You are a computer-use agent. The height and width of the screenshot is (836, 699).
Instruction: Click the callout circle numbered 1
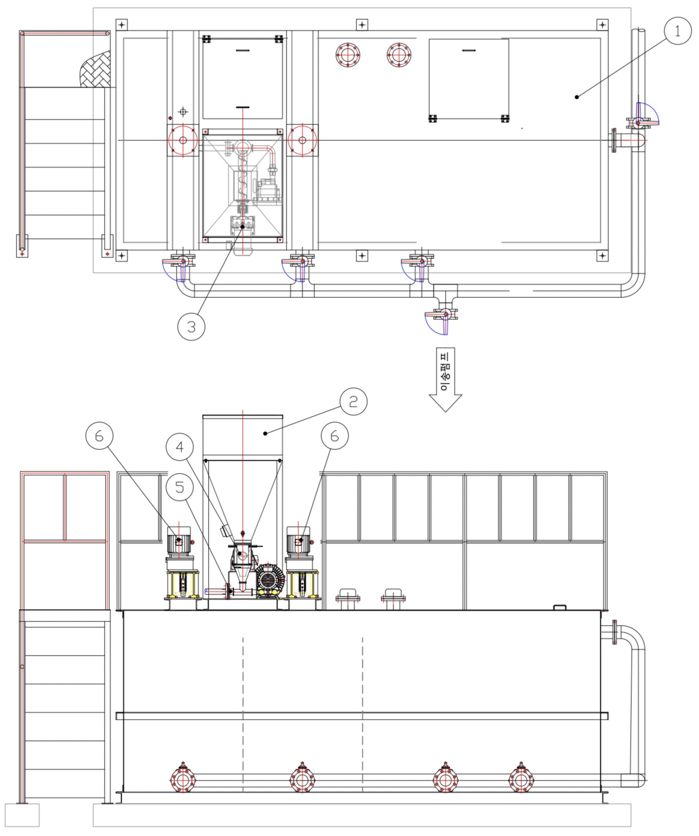pos(678,31)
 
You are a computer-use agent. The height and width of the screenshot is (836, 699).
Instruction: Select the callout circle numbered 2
pos(353,401)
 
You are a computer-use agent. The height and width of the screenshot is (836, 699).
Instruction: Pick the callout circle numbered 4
pos(180,447)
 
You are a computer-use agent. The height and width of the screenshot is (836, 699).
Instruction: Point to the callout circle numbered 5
pos(180,487)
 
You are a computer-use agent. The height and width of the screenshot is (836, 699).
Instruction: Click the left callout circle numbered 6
pos(99,436)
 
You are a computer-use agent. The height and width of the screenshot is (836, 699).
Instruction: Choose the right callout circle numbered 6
pos(335,436)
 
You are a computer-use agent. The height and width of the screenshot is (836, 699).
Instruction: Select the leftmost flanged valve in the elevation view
pos(183,779)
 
